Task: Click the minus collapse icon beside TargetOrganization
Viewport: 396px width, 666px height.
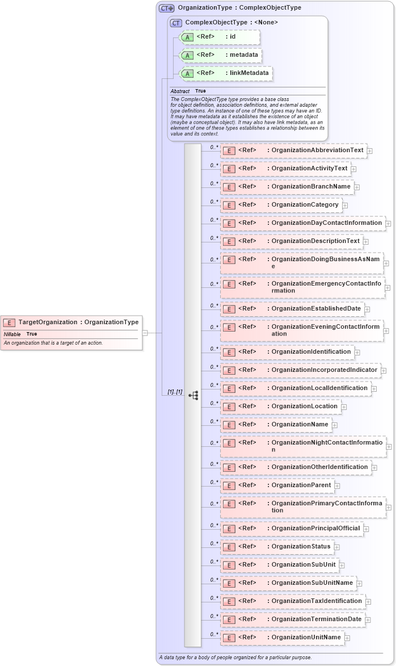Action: [x=145, y=333]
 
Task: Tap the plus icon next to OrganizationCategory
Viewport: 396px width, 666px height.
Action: [x=345, y=205]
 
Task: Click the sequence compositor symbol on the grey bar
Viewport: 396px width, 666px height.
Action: [x=193, y=395]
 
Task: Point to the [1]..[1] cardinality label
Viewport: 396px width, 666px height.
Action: [x=175, y=392]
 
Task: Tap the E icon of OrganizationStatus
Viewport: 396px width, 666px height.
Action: [x=229, y=547]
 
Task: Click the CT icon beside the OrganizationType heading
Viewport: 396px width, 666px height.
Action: [x=166, y=8]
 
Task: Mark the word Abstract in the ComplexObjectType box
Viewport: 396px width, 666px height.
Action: [x=180, y=91]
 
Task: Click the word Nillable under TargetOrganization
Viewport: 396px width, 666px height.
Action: [x=12, y=334]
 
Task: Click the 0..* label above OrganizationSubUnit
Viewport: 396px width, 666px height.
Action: [x=214, y=561]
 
